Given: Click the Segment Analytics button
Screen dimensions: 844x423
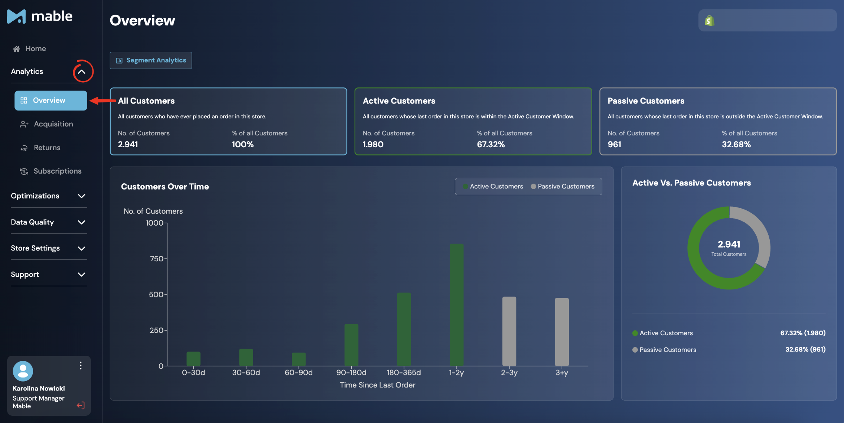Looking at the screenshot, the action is (x=151, y=60).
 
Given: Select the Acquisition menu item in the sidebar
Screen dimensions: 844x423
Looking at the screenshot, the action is (x=47, y=124).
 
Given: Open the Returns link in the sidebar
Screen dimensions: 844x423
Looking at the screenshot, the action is (x=40, y=148).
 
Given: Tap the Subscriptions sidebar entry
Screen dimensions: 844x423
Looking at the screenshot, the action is (x=50, y=171).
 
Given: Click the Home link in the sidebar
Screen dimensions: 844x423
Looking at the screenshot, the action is (x=29, y=49).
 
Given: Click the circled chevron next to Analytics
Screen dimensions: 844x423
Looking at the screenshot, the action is (x=82, y=71).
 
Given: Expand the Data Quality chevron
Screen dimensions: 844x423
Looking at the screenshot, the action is (x=82, y=222).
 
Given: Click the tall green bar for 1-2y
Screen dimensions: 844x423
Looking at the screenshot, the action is (x=457, y=305).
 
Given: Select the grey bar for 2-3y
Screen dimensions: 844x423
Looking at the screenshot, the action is (x=509, y=331).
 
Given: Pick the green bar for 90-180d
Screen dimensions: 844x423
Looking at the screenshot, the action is (x=351, y=345).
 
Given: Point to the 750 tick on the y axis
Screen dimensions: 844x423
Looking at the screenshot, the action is (x=157, y=259).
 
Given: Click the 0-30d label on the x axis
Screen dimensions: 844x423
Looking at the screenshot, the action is (x=193, y=372).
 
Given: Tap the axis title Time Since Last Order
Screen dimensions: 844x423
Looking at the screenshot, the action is (x=378, y=385).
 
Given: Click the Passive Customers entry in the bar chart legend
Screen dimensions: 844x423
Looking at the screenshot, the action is (x=563, y=187).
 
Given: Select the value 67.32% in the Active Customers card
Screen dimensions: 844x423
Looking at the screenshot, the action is (x=491, y=144).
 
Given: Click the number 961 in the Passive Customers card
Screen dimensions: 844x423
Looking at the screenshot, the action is (x=614, y=144).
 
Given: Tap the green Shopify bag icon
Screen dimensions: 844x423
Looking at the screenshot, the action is (x=709, y=21).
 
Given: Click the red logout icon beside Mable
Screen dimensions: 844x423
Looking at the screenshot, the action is (x=81, y=405).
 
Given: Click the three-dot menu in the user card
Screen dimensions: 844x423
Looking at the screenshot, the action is (x=80, y=366).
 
